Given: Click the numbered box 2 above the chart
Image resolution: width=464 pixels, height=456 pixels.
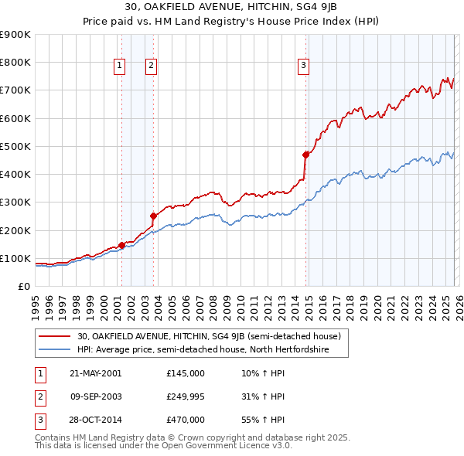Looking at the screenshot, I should tap(151, 66).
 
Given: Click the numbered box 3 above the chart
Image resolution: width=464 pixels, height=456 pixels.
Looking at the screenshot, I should tap(303, 66).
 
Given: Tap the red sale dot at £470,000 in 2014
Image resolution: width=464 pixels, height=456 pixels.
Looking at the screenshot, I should tap(306, 155).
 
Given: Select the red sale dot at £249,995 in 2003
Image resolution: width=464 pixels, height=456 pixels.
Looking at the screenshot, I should tap(154, 216).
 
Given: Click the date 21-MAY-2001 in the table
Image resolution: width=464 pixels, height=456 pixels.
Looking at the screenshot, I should tap(95, 373).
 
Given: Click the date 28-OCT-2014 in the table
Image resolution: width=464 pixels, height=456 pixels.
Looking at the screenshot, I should tap(95, 420).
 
